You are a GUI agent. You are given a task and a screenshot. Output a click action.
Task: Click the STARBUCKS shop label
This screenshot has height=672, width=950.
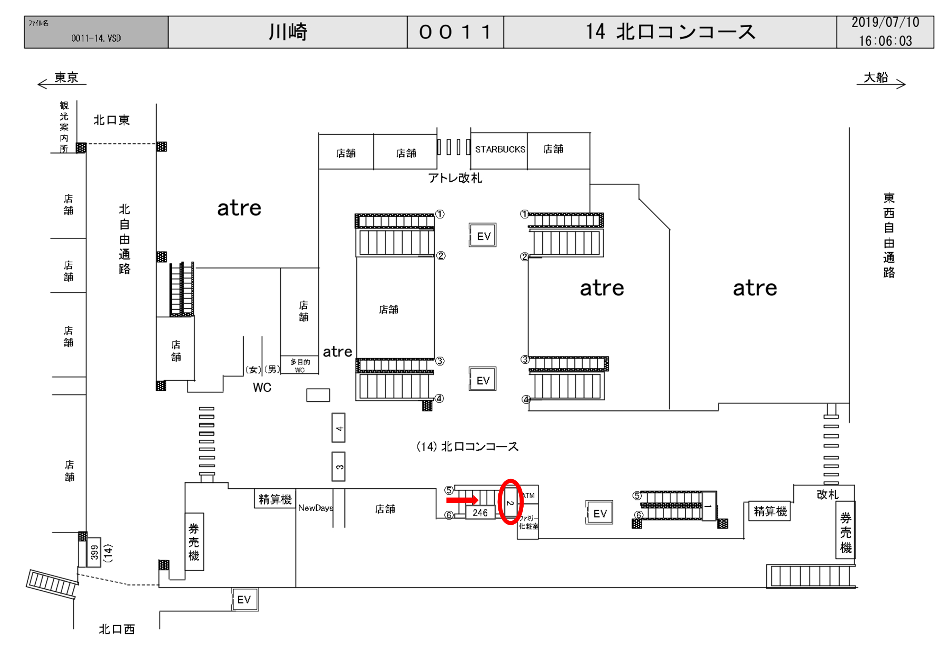pos(500,149)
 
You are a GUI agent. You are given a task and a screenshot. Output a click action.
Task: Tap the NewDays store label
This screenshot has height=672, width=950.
pos(315,508)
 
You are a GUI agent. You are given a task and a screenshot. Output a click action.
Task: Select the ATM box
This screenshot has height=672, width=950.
pos(528,495)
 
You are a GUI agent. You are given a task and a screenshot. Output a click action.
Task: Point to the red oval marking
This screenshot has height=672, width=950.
pos(510,502)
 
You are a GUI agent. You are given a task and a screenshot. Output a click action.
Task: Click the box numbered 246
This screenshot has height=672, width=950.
pos(480,513)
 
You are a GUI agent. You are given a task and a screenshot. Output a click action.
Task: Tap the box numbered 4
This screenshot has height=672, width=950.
pos(339,428)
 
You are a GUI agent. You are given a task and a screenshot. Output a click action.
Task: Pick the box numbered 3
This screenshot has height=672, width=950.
pos(339,467)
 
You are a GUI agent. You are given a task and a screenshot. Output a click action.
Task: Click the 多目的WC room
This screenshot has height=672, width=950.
pos(300,365)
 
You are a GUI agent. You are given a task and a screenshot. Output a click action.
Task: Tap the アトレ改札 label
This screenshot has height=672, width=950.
pos(455,178)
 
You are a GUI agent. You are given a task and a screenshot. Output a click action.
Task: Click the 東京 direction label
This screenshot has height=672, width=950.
pos(66,78)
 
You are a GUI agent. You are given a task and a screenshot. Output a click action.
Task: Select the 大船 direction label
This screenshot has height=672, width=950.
pos(876,78)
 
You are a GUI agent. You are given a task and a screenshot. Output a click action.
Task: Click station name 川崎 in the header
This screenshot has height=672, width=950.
pos(288,32)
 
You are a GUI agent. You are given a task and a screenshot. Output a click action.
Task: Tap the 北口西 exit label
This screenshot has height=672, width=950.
pos(117,629)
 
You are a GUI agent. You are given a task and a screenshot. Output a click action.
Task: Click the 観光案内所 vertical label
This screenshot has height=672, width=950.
pos(64,127)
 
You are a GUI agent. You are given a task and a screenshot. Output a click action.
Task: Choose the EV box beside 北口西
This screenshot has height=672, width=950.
pos(244,600)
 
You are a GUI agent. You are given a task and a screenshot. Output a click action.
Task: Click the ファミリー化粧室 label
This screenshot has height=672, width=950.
pos(528,522)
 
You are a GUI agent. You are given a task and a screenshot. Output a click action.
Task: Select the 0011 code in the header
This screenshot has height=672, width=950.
pos(455,32)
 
